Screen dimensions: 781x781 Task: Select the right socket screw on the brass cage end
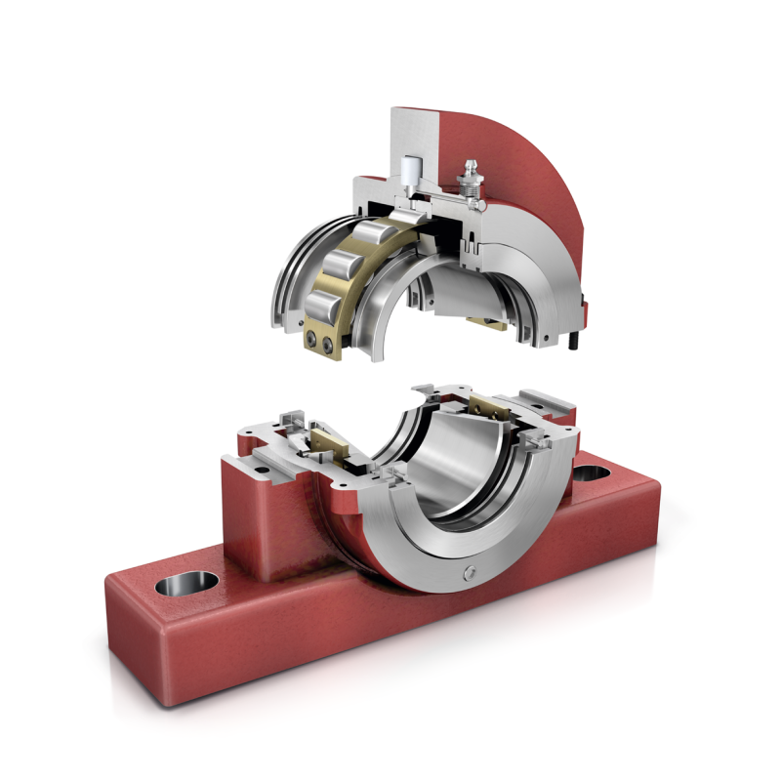(x=328, y=343)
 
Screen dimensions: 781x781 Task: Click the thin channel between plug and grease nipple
(x=440, y=196)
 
